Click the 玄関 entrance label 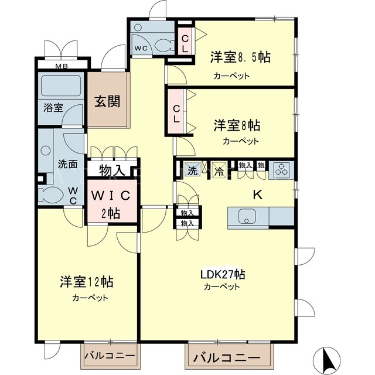coord(107,101)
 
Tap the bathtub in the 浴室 coord(61,86)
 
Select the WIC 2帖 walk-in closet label coord(111,203)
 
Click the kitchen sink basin coord(247,216)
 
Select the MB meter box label coord(62,66)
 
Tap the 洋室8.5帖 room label coord(240,57)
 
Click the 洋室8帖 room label coord(237,125)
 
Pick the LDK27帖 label coord(223,275)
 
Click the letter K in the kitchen coord(258,195)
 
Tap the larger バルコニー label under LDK coord(227,358)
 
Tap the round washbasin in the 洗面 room coord(46,151)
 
